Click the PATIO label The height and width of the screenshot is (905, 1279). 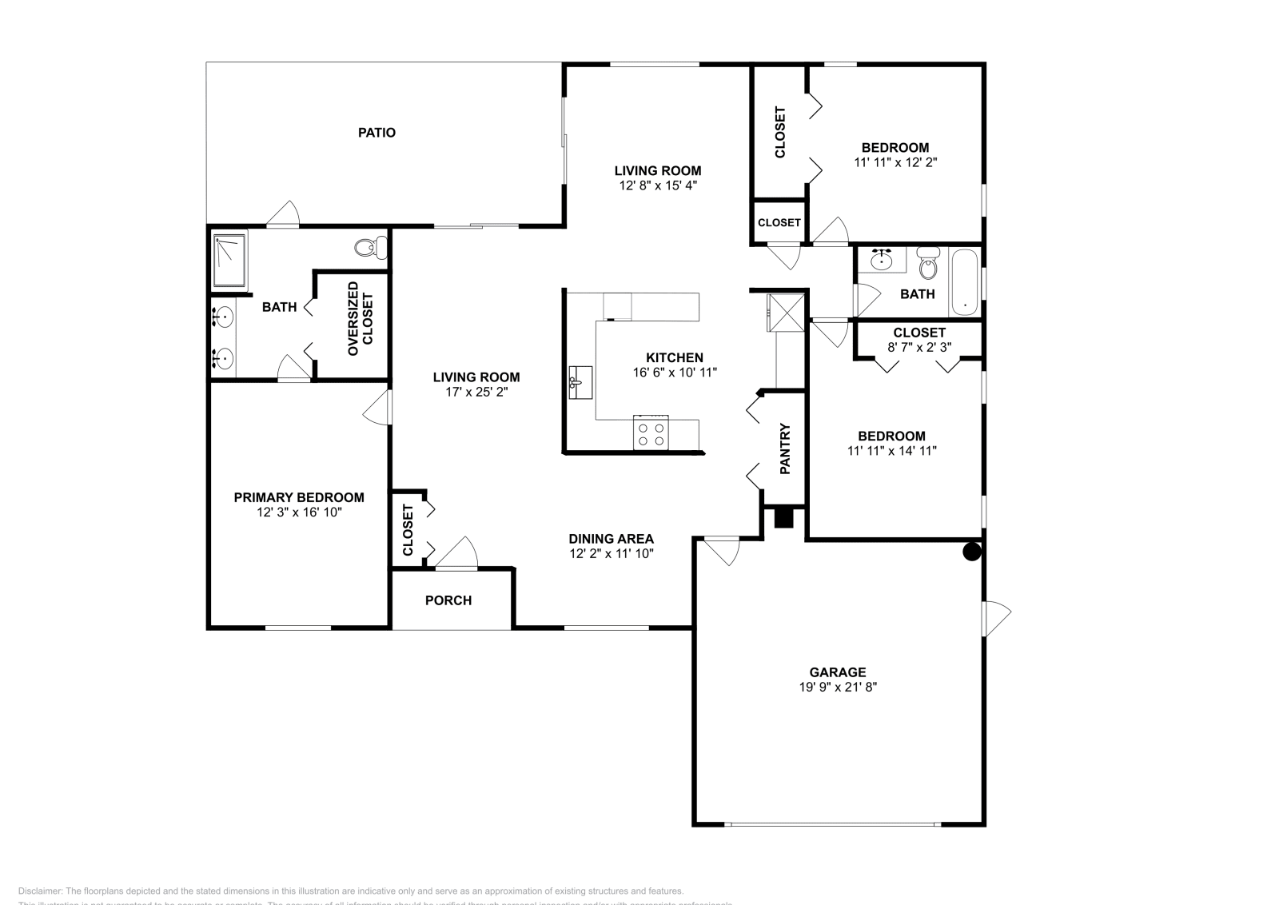click(x=377, y=133)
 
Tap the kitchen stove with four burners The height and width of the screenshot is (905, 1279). click(x=650, y=433)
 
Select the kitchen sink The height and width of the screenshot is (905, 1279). click(x=580, y=382)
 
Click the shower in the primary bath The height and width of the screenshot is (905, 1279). click(x=230, y=261)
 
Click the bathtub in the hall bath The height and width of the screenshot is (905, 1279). click(x=965, y=283)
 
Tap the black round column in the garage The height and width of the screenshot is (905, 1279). click(x=971, y=551)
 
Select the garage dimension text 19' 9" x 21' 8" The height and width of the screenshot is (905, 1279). click(x=837, y=687)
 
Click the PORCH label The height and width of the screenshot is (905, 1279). click(x=448, y=600)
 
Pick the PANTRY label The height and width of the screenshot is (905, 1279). click(x=785, y=449)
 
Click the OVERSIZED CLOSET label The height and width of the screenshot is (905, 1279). click(x=360, y=318)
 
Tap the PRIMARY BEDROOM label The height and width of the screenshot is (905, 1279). click(x=299, y=497)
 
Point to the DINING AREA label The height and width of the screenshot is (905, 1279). click(x=612, y=539)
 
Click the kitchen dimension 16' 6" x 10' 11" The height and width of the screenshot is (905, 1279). click(x=675, y=372)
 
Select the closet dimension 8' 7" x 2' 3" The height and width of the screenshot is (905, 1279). click(x=919, y=347)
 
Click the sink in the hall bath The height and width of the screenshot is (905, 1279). click(x=883, y=260)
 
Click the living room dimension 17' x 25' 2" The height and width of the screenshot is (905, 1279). click(x=476, y=392)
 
